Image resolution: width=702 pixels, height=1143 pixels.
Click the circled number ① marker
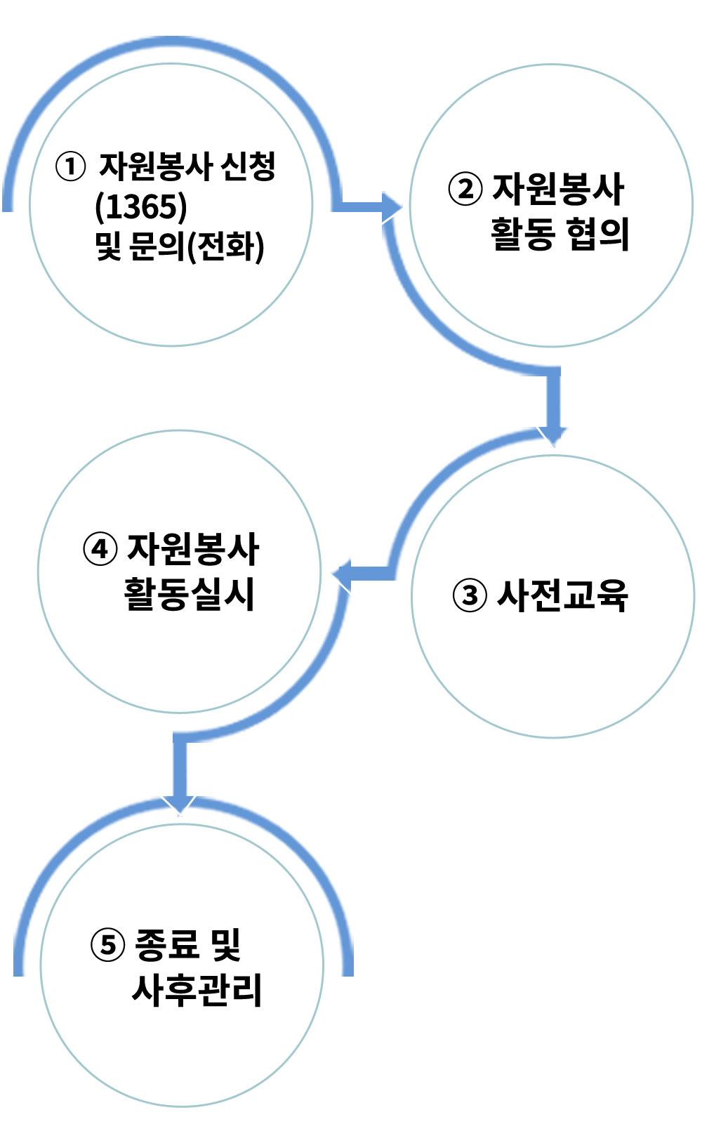(70, 167)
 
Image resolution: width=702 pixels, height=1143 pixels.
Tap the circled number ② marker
(465, 189)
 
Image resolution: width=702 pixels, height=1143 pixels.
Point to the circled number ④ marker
(100, 549)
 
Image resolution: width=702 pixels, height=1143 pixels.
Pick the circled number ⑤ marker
(107, 944)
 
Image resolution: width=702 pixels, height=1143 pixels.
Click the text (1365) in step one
(141, 206)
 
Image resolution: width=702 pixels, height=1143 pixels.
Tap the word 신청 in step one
(248, 166)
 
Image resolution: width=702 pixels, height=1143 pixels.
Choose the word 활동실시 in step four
(189, 594)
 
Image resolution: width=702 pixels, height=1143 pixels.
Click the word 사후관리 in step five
(197, 990)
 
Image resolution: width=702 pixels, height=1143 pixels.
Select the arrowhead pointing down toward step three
(552, 436)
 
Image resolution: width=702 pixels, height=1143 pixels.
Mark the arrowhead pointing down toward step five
(179, 805)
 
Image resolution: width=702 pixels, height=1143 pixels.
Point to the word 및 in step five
(226, 944)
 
